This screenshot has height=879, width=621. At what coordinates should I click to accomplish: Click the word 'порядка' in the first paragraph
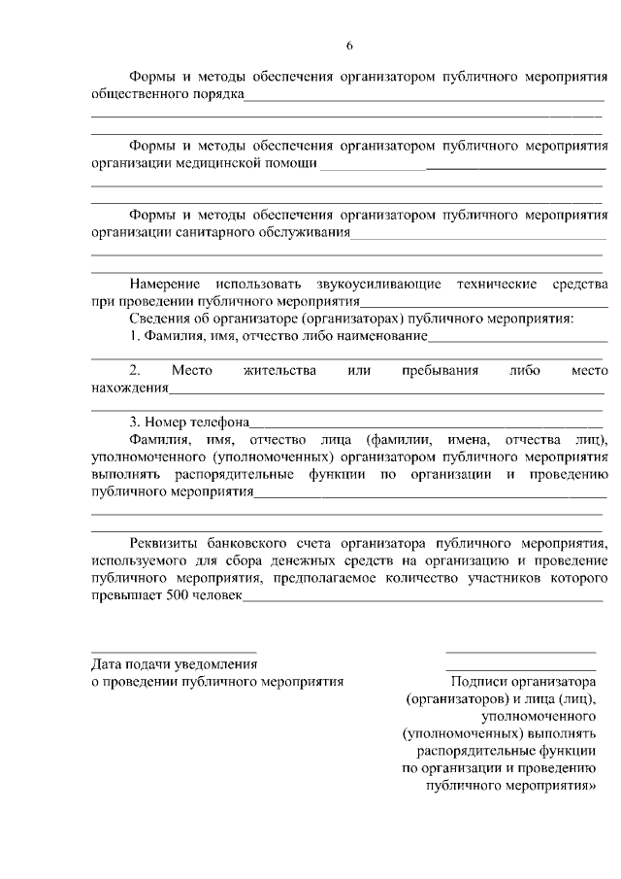point(218,95)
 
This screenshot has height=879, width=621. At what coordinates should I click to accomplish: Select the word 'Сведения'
point(160,318)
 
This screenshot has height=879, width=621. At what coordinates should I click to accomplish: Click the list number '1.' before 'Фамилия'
point(137,336)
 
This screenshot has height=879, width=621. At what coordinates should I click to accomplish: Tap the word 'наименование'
point(380,336)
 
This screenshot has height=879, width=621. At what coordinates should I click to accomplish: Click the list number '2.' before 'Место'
point(136,371)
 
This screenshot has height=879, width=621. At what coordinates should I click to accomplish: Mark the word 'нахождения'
point(130,389)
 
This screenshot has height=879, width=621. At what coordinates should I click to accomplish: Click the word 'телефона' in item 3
point(222,423)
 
